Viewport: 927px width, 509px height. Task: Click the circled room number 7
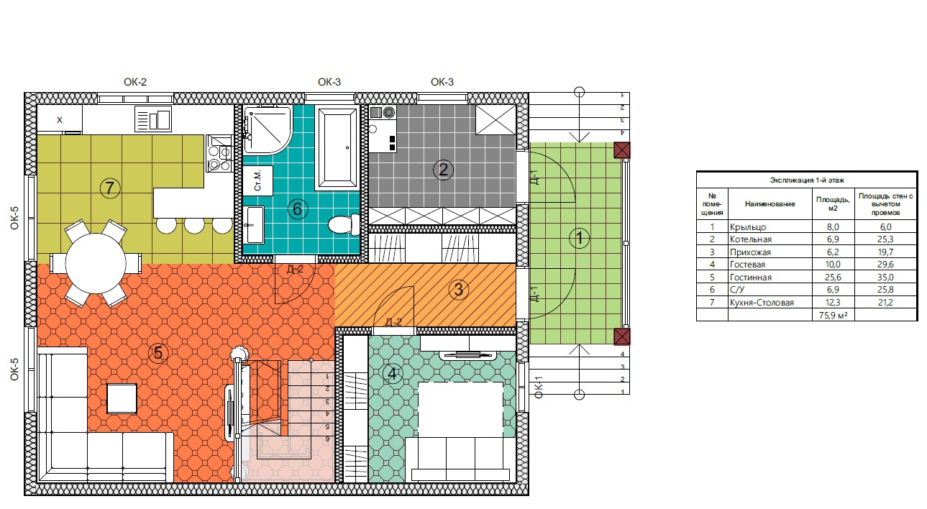coord(109,188)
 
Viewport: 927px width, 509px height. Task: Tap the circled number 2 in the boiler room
coord(443,169)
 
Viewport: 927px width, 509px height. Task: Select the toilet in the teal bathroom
coord(344,224)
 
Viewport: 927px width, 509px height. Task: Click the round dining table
coord(96,263)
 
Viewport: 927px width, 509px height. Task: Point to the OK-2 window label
coord(135,82)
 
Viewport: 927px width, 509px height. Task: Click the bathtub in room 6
coord(337,147)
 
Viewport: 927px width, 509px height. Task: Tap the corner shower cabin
coord(268,130)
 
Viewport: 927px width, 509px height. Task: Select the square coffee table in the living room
coord(122,398)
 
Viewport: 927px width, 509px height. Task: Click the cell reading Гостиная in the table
coord(751,278)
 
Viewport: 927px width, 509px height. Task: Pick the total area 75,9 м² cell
coord(833,315)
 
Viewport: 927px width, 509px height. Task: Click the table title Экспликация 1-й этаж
coord(807,180)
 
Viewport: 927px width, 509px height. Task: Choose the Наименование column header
coord(770,203)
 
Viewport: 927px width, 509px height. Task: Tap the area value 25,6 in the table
coord(833,278)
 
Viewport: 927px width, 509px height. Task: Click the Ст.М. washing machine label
coord(257,180)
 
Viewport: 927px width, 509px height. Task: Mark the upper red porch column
coord(621,150)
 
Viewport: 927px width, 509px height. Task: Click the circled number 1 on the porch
coord(579,238)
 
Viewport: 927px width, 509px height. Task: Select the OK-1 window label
coord(539,387)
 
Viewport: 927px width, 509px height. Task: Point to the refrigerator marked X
coord(60,119)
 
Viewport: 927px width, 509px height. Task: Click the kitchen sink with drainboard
coord(153,119)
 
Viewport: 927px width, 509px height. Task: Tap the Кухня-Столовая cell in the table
coord(762,303)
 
